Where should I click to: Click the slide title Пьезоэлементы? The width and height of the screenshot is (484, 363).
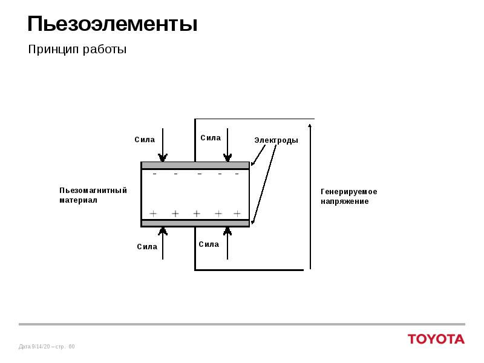click(x=113, y=25)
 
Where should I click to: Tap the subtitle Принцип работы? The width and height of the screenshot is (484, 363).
click(x=77, y=50)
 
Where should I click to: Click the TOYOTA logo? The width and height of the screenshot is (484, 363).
click(x=436, y=339)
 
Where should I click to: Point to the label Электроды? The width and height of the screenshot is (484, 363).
click(x=276, y=140)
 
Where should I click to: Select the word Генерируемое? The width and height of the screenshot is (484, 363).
click(x=349, y=192)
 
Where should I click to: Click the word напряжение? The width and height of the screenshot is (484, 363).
click(x=344, y=201)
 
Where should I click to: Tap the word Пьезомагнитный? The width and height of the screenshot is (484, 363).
click(x=93, y=191)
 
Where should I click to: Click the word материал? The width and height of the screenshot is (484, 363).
click(x=78, y=200)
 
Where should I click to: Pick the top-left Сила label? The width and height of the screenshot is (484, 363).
click(x=145, y=140)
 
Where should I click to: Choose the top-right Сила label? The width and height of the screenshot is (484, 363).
click(x=211, y=138)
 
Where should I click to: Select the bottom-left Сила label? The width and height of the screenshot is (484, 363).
click(x=147, y=247)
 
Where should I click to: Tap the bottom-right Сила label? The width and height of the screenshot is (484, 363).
click(x=209, y=244)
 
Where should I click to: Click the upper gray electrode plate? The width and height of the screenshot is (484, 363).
click(x=195, y=165)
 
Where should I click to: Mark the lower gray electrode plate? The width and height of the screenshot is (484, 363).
click(x=195, y=223)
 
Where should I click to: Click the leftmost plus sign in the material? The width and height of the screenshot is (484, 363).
click(x=153, y=214)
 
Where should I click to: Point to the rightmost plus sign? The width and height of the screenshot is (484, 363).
click(x=237, y=214)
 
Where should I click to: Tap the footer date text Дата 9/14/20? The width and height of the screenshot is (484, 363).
click(x=34, y=347)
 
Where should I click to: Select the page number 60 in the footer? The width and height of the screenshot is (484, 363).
click(x=71, y=347)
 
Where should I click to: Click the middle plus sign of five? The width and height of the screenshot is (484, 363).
click(x=197, y=214)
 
